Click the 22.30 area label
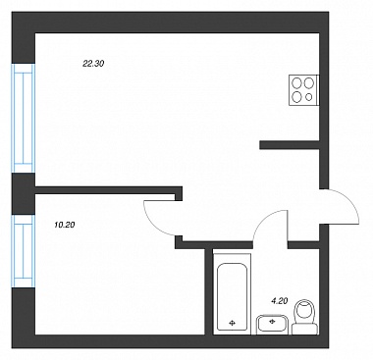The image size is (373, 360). tap(93, 64)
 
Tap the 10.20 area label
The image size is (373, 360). tap(65, 225)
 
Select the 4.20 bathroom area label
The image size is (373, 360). tap(280, 301)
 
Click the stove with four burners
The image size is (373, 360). tap(303, 90)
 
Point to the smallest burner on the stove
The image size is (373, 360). tap(309, 97)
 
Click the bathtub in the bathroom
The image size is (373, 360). tap(232, 295)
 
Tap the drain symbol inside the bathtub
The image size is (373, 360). tap(232, 323)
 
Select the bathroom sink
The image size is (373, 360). tap(272, 325)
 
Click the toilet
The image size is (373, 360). tap(304, 317)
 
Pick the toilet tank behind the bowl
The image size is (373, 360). tap(304, 329)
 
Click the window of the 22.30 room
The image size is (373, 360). tap(24, 118)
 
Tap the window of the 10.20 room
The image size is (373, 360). tap(24, 251)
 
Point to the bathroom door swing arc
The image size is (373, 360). tap(264, 219)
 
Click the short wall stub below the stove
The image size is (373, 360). tap(290, 145)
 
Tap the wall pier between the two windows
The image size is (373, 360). tap(24, 193)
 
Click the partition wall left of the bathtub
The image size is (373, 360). tap(209, 291)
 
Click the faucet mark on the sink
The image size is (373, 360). tap(271, 321)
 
